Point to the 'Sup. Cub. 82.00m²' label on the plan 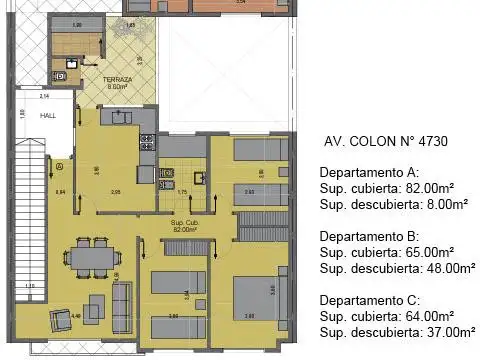(x=183, y=224)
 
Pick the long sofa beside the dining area (x=123, y=298)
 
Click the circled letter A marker (x=60, y=164)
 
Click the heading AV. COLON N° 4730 (x=385, y=142)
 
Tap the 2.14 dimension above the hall (x=45, y=97)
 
